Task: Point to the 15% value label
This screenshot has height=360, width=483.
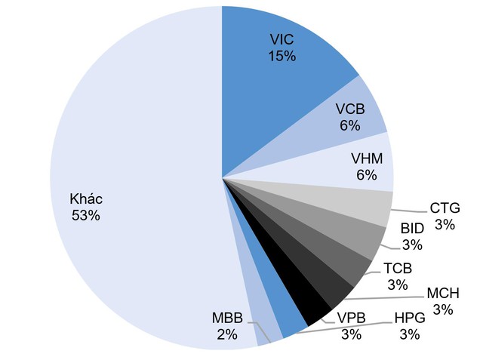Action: tap(282, 56)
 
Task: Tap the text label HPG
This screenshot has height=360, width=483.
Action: tap(409, 318)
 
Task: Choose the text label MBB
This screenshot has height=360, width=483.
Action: tap(226, 317)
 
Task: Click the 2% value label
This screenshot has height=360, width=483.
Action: tap(227, 334)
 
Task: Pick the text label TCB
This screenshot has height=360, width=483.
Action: tap(397, 269)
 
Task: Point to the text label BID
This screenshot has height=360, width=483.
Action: tap(411, 228)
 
